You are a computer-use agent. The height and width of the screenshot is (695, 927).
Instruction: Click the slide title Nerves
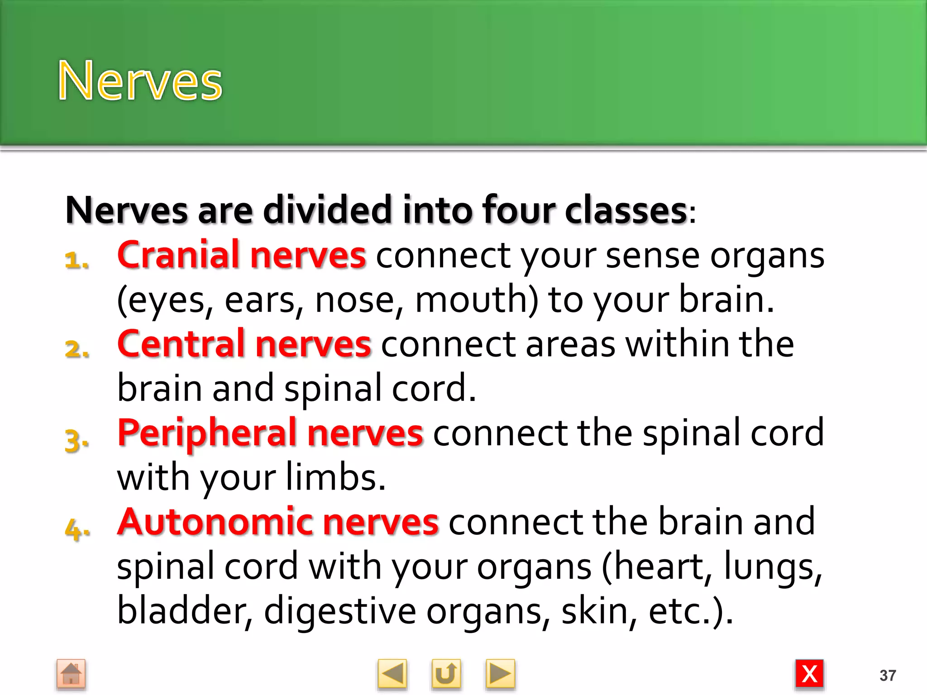coord(140,81)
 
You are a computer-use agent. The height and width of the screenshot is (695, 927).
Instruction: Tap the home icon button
coord(71,674)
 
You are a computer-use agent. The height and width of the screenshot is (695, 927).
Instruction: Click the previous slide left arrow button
coord(392,674)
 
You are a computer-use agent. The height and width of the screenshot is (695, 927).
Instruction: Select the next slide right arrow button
coord(500,674)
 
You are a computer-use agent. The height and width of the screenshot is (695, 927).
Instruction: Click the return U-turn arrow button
coord(446,674)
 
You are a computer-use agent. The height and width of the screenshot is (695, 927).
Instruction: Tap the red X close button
coord(809,674)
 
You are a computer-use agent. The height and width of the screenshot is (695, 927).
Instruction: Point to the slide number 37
coord(888,676)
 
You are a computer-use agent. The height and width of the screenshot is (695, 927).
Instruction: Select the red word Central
coord(181,344)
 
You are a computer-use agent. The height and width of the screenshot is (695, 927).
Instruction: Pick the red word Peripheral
coord(207,433)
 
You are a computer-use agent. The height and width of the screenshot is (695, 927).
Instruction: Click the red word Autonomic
coord(215,522)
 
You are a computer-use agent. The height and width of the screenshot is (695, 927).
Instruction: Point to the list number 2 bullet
coord(76,349)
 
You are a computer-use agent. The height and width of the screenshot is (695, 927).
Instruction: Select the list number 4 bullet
coord(76,529)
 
